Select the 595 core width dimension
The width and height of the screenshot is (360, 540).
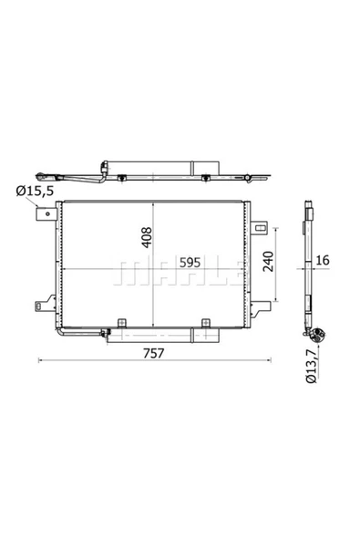[189, 263]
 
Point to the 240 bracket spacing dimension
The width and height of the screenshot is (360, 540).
[265, 263]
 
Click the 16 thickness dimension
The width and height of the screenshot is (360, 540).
[322, 263]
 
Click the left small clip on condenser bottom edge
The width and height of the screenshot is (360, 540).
[120, 322]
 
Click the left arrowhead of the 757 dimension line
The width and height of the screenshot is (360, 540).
[39, 362]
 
